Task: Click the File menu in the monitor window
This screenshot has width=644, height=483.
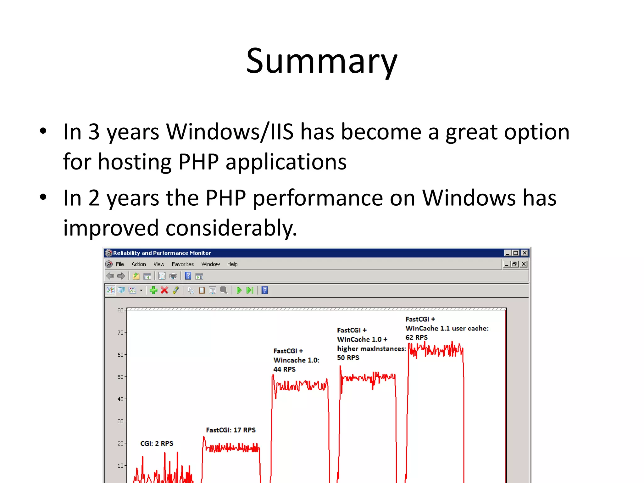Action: click(x=120, y=264)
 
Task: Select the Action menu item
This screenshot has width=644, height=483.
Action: click(x=139, y=264)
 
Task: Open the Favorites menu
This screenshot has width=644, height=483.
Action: click(x=183, y=264)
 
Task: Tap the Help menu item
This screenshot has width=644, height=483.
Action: click(x=232, y=264)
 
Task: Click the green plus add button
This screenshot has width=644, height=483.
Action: click(x=153, y=290)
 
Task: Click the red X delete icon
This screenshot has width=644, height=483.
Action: click(x=164, y=290)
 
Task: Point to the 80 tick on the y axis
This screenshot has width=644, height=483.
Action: click(x=120, y=310)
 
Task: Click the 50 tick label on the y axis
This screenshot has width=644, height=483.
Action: click(x=120, y=377)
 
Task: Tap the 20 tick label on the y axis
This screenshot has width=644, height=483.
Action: click(x=120, y=443)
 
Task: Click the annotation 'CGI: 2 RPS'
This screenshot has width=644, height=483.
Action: click(x=157, y=443)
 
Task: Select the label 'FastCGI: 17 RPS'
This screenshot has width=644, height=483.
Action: click(x=231, y=430)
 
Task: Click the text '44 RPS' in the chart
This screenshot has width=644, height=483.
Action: click(x=285, y=369)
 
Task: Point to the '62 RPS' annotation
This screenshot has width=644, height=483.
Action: click(x=417, y=337)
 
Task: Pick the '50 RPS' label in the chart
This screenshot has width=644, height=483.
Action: click(x=348, y=358)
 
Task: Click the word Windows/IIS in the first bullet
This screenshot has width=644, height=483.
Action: click(x=230, y=132)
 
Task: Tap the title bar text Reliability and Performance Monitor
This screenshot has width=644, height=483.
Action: click(x=162, y=253)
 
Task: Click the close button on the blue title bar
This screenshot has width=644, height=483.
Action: click(x=525, y=253)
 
